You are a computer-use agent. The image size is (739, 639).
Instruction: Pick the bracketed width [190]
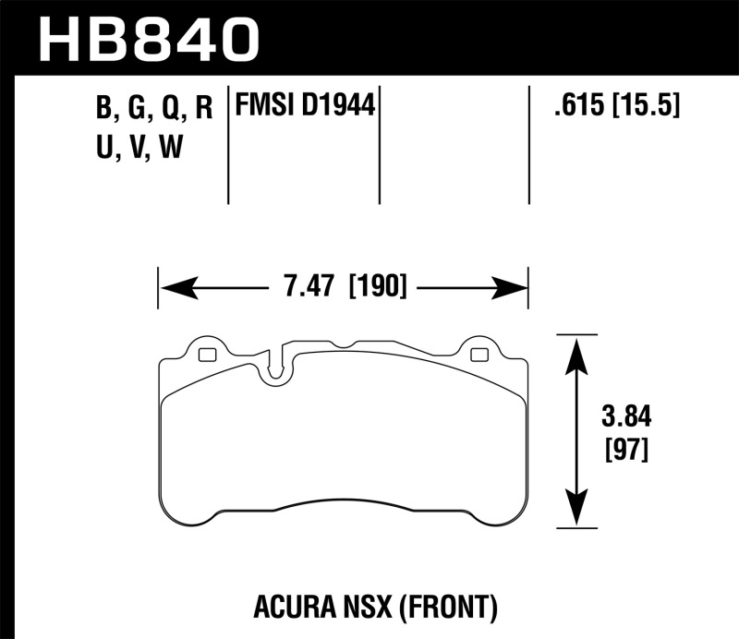click(x=378, y=289)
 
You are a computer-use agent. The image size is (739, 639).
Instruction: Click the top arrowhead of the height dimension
click(x=577, y=352)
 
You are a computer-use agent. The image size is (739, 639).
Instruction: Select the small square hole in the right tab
click(x=478, y=355)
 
